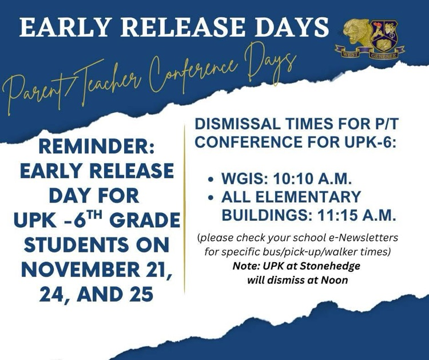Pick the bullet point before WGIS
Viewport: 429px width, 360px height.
point(212,179)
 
